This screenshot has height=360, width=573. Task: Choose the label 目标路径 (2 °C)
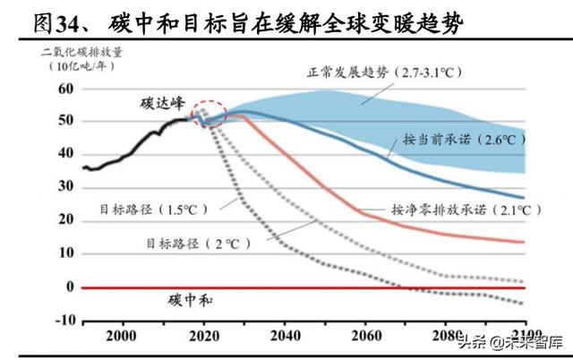coord(193,243)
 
